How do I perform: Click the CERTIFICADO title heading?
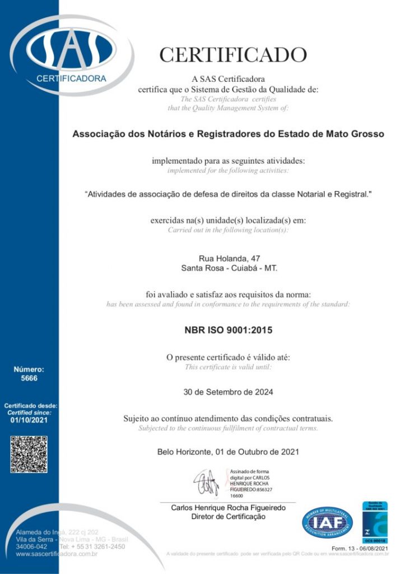(233, 55)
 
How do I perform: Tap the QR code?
(29, 454)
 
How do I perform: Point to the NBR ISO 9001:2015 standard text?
(229, 330)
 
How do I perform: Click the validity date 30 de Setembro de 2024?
(229, 392)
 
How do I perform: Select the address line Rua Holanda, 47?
(229, 258)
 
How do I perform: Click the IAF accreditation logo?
(327, 522)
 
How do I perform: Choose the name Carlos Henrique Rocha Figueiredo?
(229, 508)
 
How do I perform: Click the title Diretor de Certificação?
(229, 517)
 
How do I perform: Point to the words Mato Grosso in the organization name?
(356, 135)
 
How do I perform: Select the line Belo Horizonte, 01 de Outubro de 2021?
(229, 451)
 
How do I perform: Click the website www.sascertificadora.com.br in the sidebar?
(57, 554)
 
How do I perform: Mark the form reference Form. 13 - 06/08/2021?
(360, 548)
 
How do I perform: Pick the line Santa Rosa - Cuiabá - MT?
(229, 268)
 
